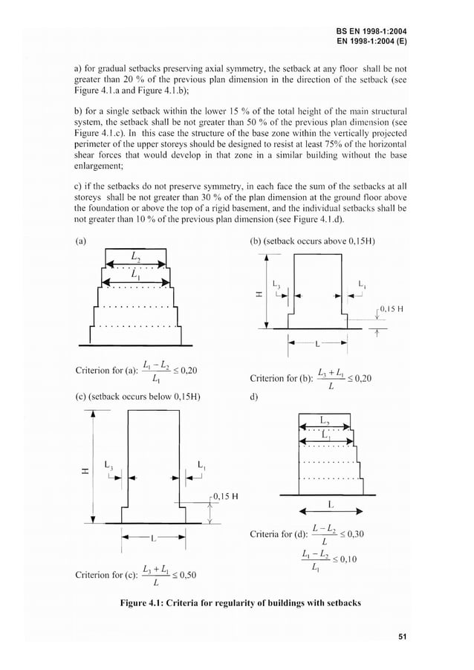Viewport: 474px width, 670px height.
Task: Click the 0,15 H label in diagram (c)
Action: tap(222, 495)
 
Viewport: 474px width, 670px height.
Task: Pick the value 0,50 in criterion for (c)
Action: tap(186, 574)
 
